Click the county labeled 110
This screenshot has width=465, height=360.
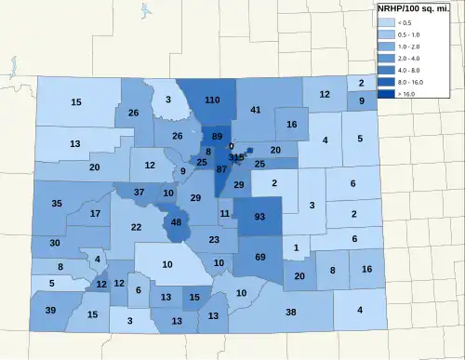[212, 100]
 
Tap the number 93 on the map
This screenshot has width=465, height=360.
[259, 217]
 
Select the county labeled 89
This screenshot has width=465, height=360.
[217, 137]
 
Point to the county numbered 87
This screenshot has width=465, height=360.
[220, 169]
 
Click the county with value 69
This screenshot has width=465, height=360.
[260, 256]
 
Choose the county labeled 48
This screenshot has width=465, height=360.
[176, 223]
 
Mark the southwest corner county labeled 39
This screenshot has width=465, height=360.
[50, 310]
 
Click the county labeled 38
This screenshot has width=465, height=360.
[290, 312]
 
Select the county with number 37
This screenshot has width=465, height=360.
[139, 192]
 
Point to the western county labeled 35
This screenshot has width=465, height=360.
[57, 203]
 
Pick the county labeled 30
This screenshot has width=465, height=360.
[55, 243]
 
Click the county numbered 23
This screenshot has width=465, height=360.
[215, 240]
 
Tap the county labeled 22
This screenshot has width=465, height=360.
[136, 227]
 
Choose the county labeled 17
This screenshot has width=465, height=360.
[95, 214]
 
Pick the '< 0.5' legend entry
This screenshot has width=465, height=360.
[384, 20]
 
